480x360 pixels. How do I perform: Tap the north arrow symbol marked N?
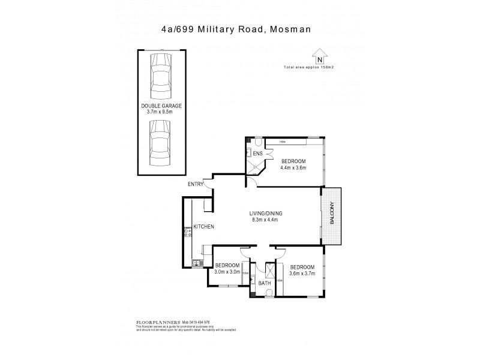tap(320, 58)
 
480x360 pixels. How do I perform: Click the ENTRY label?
tap(196, 184)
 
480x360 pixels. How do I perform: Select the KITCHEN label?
tap(203, 226)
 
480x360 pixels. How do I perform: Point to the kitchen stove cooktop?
tap(187, 232)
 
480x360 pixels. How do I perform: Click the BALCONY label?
tap(332, 217)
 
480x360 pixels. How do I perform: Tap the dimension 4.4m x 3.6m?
tap(293, 167)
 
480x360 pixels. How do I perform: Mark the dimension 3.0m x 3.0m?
tap(227, 271)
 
